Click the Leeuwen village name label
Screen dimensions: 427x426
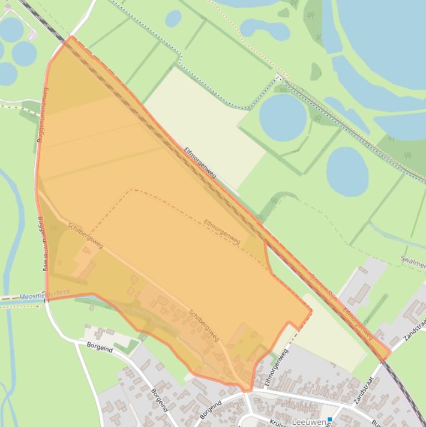[309, 422]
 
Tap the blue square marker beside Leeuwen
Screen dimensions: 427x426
[330, 420]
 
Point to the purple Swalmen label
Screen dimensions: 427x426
[412, 260]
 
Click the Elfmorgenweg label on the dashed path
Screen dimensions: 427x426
[222, 232]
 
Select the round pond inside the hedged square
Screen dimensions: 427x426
[283, 116]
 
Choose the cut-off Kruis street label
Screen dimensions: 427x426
[277, 423]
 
